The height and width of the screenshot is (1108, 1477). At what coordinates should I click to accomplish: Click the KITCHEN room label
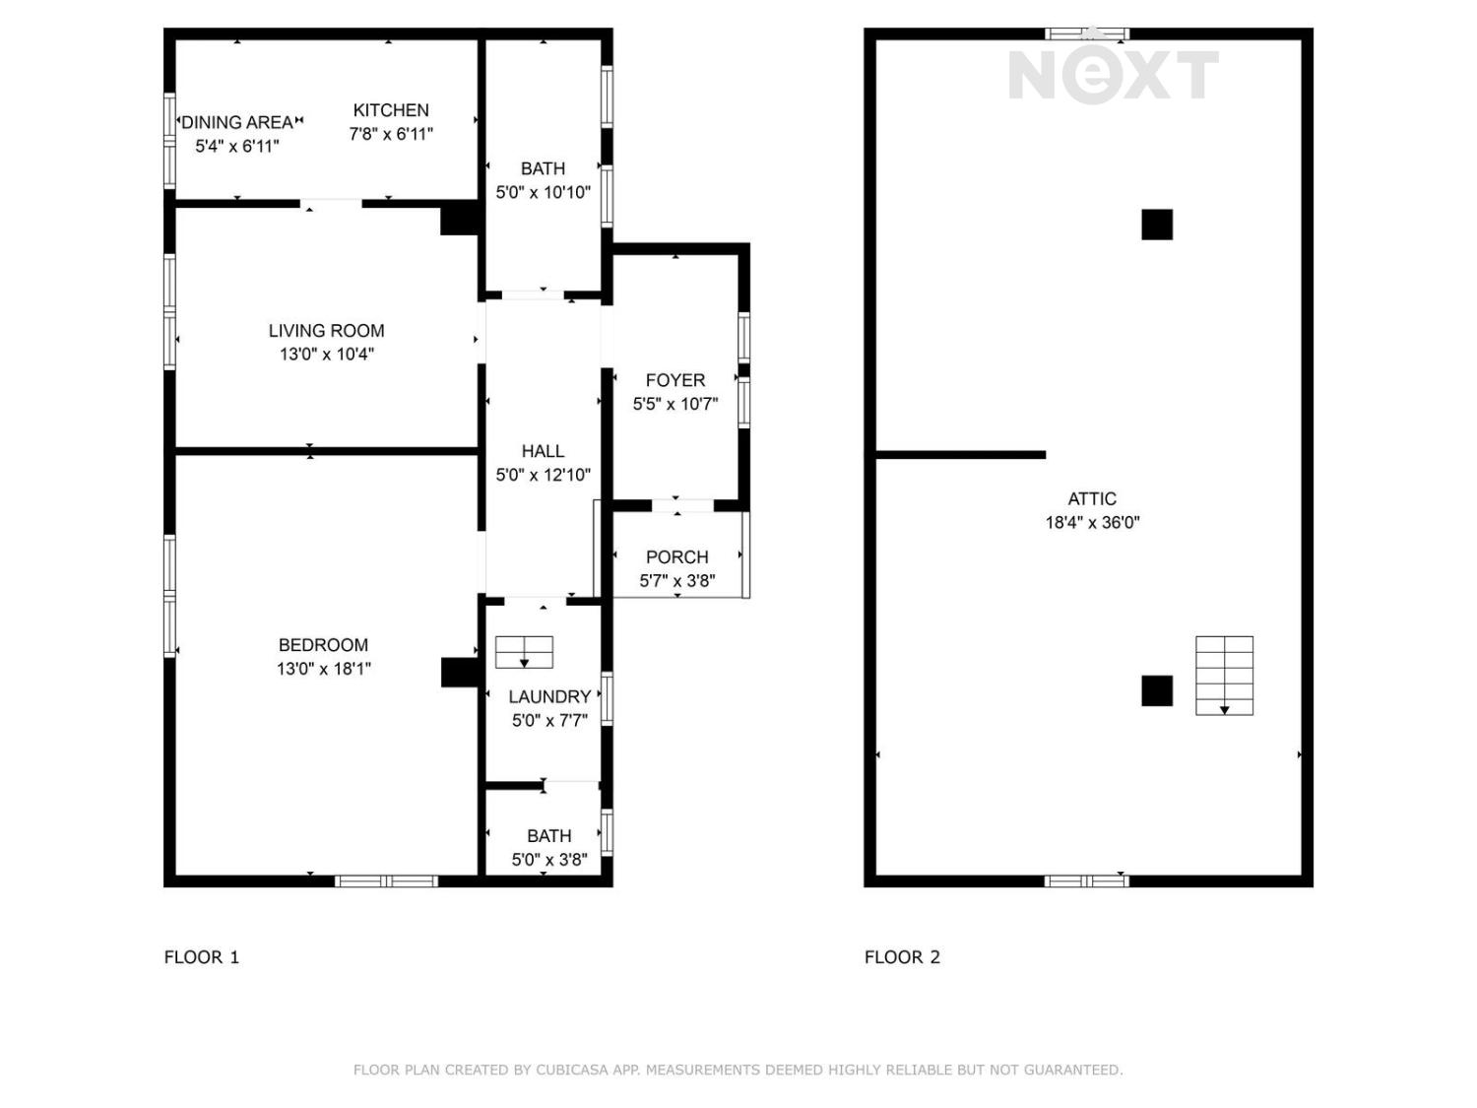click(390, 110)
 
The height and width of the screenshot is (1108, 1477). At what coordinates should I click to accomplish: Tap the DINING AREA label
click(237, 122)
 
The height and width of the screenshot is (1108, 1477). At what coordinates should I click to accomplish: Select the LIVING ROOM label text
click(326, 330)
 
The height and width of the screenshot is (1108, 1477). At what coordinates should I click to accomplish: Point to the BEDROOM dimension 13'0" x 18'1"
click(324, 669)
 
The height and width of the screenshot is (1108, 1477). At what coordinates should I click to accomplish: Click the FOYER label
click(674, 380)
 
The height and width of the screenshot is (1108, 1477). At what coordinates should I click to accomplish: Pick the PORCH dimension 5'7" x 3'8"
click(676, 580)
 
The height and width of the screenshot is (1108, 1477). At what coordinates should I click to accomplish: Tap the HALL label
click(543, 451)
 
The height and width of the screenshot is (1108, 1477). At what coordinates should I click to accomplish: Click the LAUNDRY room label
click(549, 696)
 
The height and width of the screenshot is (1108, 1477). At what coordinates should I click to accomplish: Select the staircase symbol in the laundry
click(524, 652)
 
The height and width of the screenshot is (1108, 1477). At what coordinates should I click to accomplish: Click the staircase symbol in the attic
click(1224, 676)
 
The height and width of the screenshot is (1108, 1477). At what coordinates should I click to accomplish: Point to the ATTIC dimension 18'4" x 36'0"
click(1092, 522)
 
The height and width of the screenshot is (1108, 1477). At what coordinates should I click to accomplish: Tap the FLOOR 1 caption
click(202, 956)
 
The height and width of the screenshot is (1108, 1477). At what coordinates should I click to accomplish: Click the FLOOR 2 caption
click(902, 956)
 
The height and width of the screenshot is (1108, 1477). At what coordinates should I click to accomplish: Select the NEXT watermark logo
click(1114, 76)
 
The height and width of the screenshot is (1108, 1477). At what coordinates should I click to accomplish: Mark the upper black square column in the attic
click(1157, 225)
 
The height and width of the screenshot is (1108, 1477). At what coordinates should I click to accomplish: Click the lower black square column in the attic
click(1157, 691)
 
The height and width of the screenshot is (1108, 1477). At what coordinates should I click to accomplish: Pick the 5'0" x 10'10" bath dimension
click(543, 192)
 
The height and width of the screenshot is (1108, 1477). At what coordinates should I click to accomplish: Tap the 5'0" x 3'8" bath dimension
click(549, 860)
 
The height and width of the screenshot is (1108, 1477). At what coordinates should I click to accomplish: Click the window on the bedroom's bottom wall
click(386, 881)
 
